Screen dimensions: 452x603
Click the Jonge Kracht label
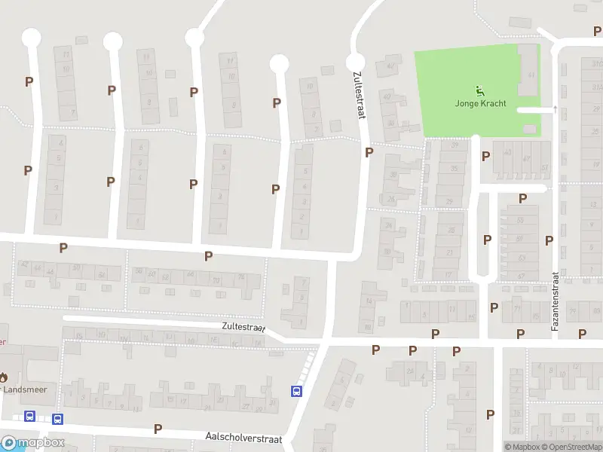(x=480, y=103)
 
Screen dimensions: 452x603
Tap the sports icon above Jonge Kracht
(x=480, y=90)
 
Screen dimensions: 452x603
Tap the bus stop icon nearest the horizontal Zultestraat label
(x=297, y=391)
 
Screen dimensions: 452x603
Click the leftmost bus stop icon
(x=30, y=417)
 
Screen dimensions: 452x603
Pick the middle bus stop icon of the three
(x=57, y=419)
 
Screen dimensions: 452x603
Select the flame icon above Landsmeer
(x=3, y=377)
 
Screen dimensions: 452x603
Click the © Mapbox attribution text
(x=524, y=447)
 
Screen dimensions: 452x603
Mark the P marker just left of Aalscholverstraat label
(x=158, y=429)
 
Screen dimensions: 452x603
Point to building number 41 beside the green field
(x=531, y=75)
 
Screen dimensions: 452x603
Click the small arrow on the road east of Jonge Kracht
(x=555, y=108)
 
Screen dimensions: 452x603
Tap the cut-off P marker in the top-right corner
(x=597, y=30)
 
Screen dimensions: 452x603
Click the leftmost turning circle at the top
(x=31, y=36)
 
